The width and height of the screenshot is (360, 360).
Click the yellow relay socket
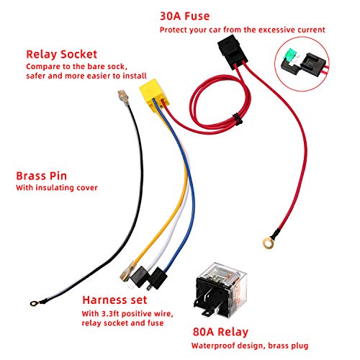point(154,93)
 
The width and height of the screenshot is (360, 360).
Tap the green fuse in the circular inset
point(291,55)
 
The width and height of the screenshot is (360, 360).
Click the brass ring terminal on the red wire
point(269,242)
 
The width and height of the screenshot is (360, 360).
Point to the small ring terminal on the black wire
point(35,304)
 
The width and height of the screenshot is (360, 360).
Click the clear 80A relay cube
point(220,289)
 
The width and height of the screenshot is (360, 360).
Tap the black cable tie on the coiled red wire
point(238,120)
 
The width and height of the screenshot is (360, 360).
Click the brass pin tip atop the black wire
point(123,96)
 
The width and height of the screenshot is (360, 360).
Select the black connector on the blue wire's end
point(158,279)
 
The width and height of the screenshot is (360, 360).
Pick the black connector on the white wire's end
point(140,276)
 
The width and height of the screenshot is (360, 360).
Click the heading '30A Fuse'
point(184,16)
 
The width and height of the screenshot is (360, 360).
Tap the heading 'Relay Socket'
point(61,54)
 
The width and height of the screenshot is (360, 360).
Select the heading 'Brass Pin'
point(41,176)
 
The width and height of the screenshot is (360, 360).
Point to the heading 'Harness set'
point(114,300)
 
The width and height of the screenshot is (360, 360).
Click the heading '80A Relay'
point(220,332)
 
